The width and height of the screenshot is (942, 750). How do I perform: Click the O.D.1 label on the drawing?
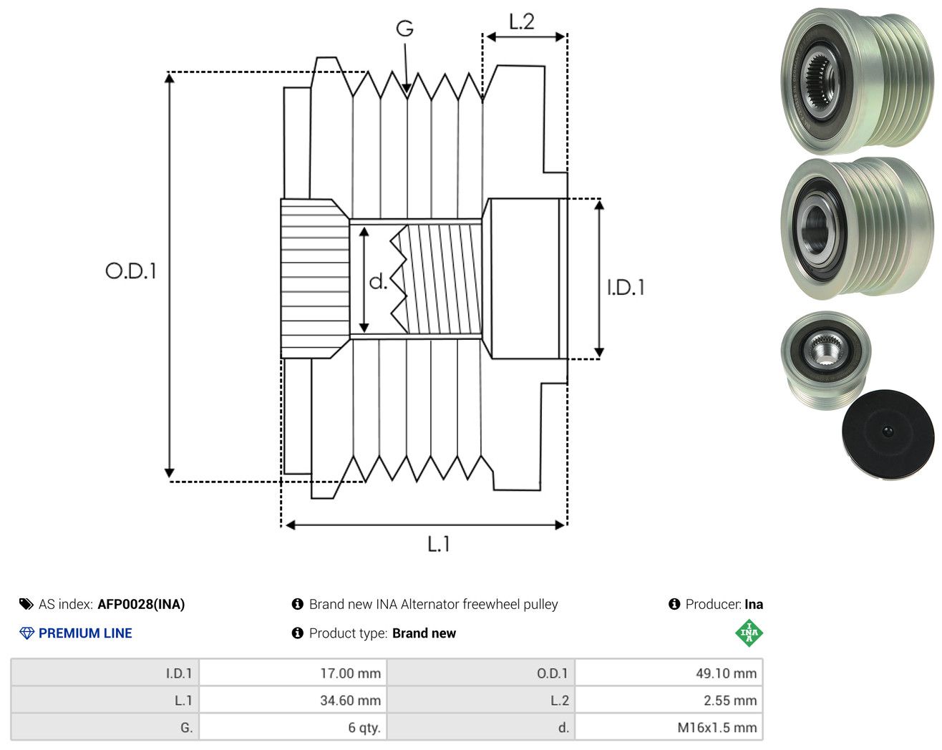[131, 271]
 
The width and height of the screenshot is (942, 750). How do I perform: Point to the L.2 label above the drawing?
[521, 21]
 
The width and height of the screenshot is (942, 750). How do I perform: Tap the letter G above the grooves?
[404, 29]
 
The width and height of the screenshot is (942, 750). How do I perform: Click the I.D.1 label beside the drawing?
[626, 288]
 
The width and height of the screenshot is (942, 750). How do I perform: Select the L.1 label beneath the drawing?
[438, 544]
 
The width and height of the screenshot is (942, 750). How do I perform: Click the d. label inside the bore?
[378, 281]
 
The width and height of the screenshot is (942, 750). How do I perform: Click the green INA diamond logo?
[749, 633]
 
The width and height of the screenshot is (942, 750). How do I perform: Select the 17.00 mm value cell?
[293, 673]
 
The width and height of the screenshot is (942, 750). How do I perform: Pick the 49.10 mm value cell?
[669, 673]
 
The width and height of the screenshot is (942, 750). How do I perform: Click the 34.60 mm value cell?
[293, 700]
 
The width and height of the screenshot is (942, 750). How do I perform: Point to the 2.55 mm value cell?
[669, 700]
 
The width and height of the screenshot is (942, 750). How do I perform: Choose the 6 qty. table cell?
[293, 727]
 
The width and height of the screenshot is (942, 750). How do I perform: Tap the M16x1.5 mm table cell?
[669, 727]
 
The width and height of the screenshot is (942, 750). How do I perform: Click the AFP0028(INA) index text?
[141, 604]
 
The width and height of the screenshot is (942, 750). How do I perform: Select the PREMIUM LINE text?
[85, 633]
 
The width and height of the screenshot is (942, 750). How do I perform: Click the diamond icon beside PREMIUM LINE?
[26, 633]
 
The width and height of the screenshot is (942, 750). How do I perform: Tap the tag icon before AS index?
[26, 604]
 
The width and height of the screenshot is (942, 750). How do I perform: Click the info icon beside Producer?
[674, 604]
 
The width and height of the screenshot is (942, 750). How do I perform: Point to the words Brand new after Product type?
[424, 633]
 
